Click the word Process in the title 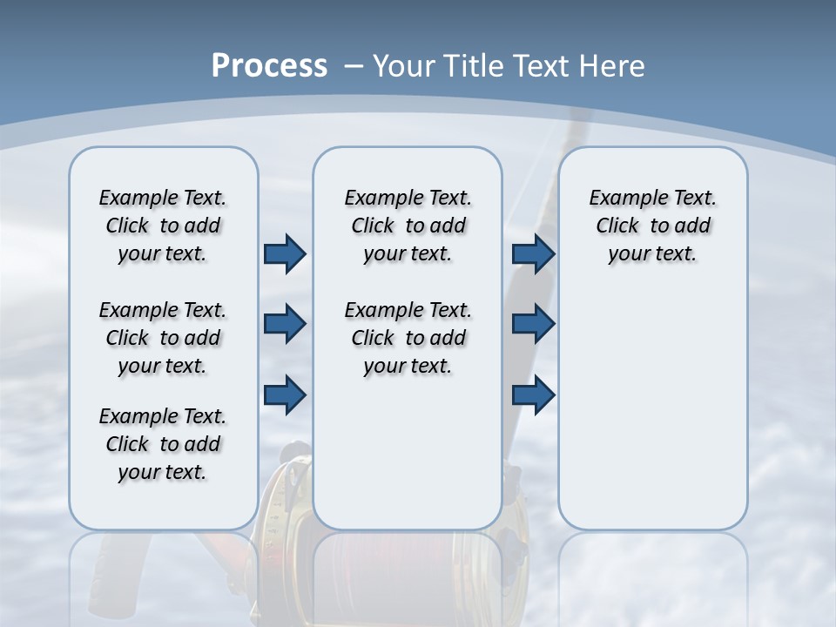[x=269, y=66]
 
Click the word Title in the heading [x=475, y=66]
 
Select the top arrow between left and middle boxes [x=285, y=254]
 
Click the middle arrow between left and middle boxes [x=285, y=324]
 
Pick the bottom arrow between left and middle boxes [x=285, y=394]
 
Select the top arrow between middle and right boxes [x=533, y=254]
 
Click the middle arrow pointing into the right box [x=533, y=324]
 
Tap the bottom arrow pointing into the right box [x=533, y=394]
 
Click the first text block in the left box [x=163, y=226]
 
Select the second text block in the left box [x=163, y=338]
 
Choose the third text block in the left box [x=163, y=444]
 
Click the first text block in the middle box [x=408, y=226]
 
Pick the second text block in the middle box [x=408, y=338]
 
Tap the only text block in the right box [x=652, y=226]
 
